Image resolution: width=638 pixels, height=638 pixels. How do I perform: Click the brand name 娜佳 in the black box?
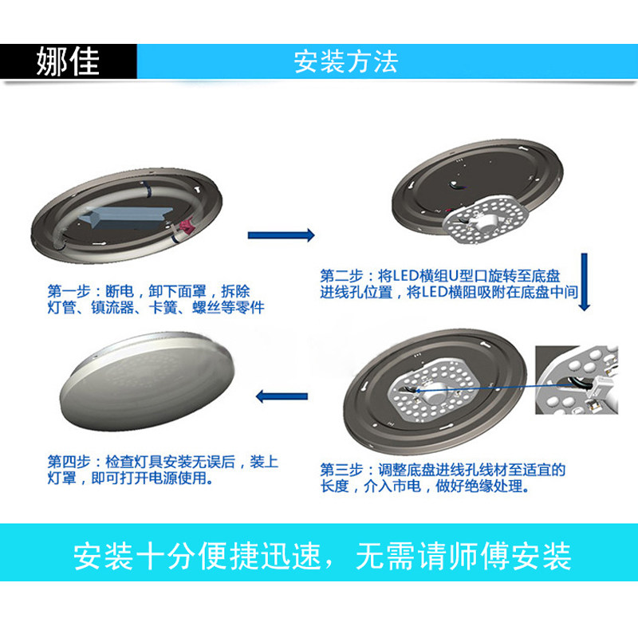[69, 61]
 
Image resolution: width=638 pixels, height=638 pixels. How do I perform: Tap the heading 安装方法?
[345, 61]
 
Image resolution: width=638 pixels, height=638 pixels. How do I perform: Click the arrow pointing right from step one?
[281, 235]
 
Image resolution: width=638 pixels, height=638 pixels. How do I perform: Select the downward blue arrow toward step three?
[585, 283]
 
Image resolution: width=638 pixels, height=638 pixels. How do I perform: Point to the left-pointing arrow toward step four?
[281, 394]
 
